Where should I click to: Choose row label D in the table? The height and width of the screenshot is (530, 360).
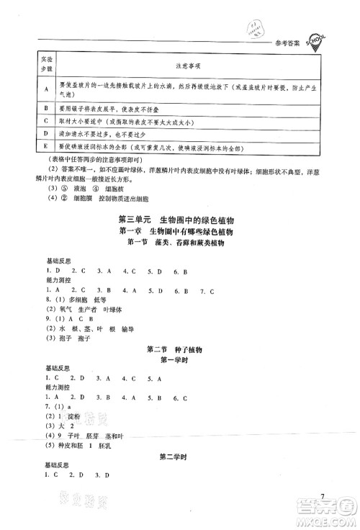coord(27,134)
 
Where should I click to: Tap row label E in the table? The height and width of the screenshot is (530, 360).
coord(27,147)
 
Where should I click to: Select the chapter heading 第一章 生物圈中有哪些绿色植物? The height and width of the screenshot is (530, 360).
coord(179,232)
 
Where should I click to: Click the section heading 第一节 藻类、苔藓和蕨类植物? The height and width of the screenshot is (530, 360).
coord(179,245)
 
